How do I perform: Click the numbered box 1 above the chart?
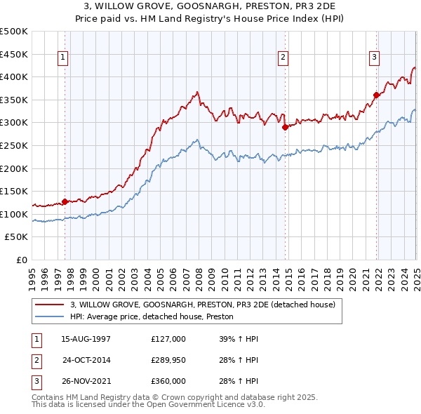(x=63, y=58)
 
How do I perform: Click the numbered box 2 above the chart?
(x=283, y=58)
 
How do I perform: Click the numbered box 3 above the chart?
(x=375, y=58)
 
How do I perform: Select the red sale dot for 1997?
(x=65, y=202)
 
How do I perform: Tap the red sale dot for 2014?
(x=286, y=128)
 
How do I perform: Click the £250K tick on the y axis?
(x=14, y=146)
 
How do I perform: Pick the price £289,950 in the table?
(x=168, y=360)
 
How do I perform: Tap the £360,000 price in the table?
(x=168, y=381)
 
